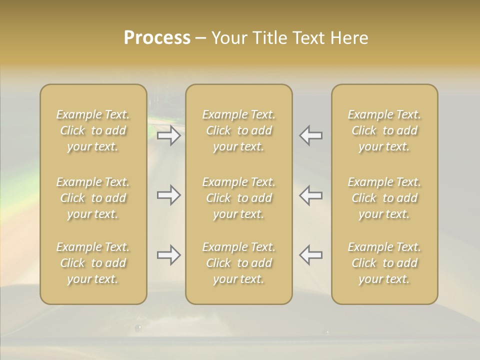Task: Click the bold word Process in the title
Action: pyautogui.click(x=157, y=38)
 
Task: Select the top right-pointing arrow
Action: pyautogui.click(x=168, y=135)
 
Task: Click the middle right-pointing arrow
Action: pyautogui.click(x=168, y=195)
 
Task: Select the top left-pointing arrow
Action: pyautogui.click(x=311, y=135)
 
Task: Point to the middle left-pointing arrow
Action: pyautogui.click(x=311, y=195)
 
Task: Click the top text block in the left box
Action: pyautogui.click(x=93, y=130)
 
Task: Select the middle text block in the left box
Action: pyautogui.click(x=93, y=198)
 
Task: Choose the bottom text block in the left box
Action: pyautogui.click(x=93, y=263)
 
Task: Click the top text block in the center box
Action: pyautogui.click(x=239, y=130)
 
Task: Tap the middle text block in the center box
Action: pyautogui.click(x=239, y=198)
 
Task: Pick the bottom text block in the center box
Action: pyautogui.click(x=239, y=263)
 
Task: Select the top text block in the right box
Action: pyautogui.click(x=384, y=130)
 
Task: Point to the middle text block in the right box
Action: pyautogui.click(x=384, y=198)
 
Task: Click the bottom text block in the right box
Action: pyautogui.click(x=384, y=263)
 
